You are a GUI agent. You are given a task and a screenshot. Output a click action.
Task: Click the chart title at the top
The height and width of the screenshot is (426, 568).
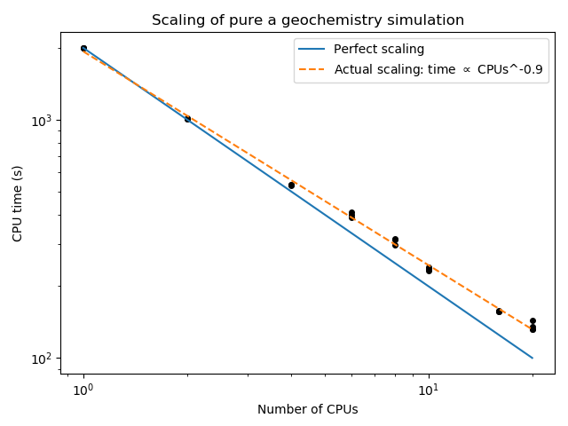[x=307, y=20]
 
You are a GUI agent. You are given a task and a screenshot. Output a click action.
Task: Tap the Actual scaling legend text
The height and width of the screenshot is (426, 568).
[x=438, y=69]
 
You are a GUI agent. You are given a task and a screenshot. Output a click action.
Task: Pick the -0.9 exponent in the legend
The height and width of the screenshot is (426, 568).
[x=532, y=69]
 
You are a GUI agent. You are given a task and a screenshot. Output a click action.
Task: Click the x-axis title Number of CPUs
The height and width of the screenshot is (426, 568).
[x=307, y=409]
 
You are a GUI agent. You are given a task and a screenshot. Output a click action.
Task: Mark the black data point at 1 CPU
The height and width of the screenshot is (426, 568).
[x=83, y=49]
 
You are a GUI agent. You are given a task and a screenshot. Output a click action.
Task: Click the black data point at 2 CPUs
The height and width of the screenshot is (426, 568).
[x=187, y=118]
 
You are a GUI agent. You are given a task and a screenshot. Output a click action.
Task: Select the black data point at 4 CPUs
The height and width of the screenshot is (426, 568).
[x=291, y=185]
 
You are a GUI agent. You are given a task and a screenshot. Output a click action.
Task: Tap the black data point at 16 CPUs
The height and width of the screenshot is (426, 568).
[x=499, y=312]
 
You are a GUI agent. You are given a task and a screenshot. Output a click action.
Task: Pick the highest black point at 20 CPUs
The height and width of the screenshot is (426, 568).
[x=532, y=321]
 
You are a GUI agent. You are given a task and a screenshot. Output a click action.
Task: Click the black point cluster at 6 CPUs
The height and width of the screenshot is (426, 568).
[x=351, y=214]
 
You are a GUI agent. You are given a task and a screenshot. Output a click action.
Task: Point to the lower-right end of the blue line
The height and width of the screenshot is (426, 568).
[x=532, y=358]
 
